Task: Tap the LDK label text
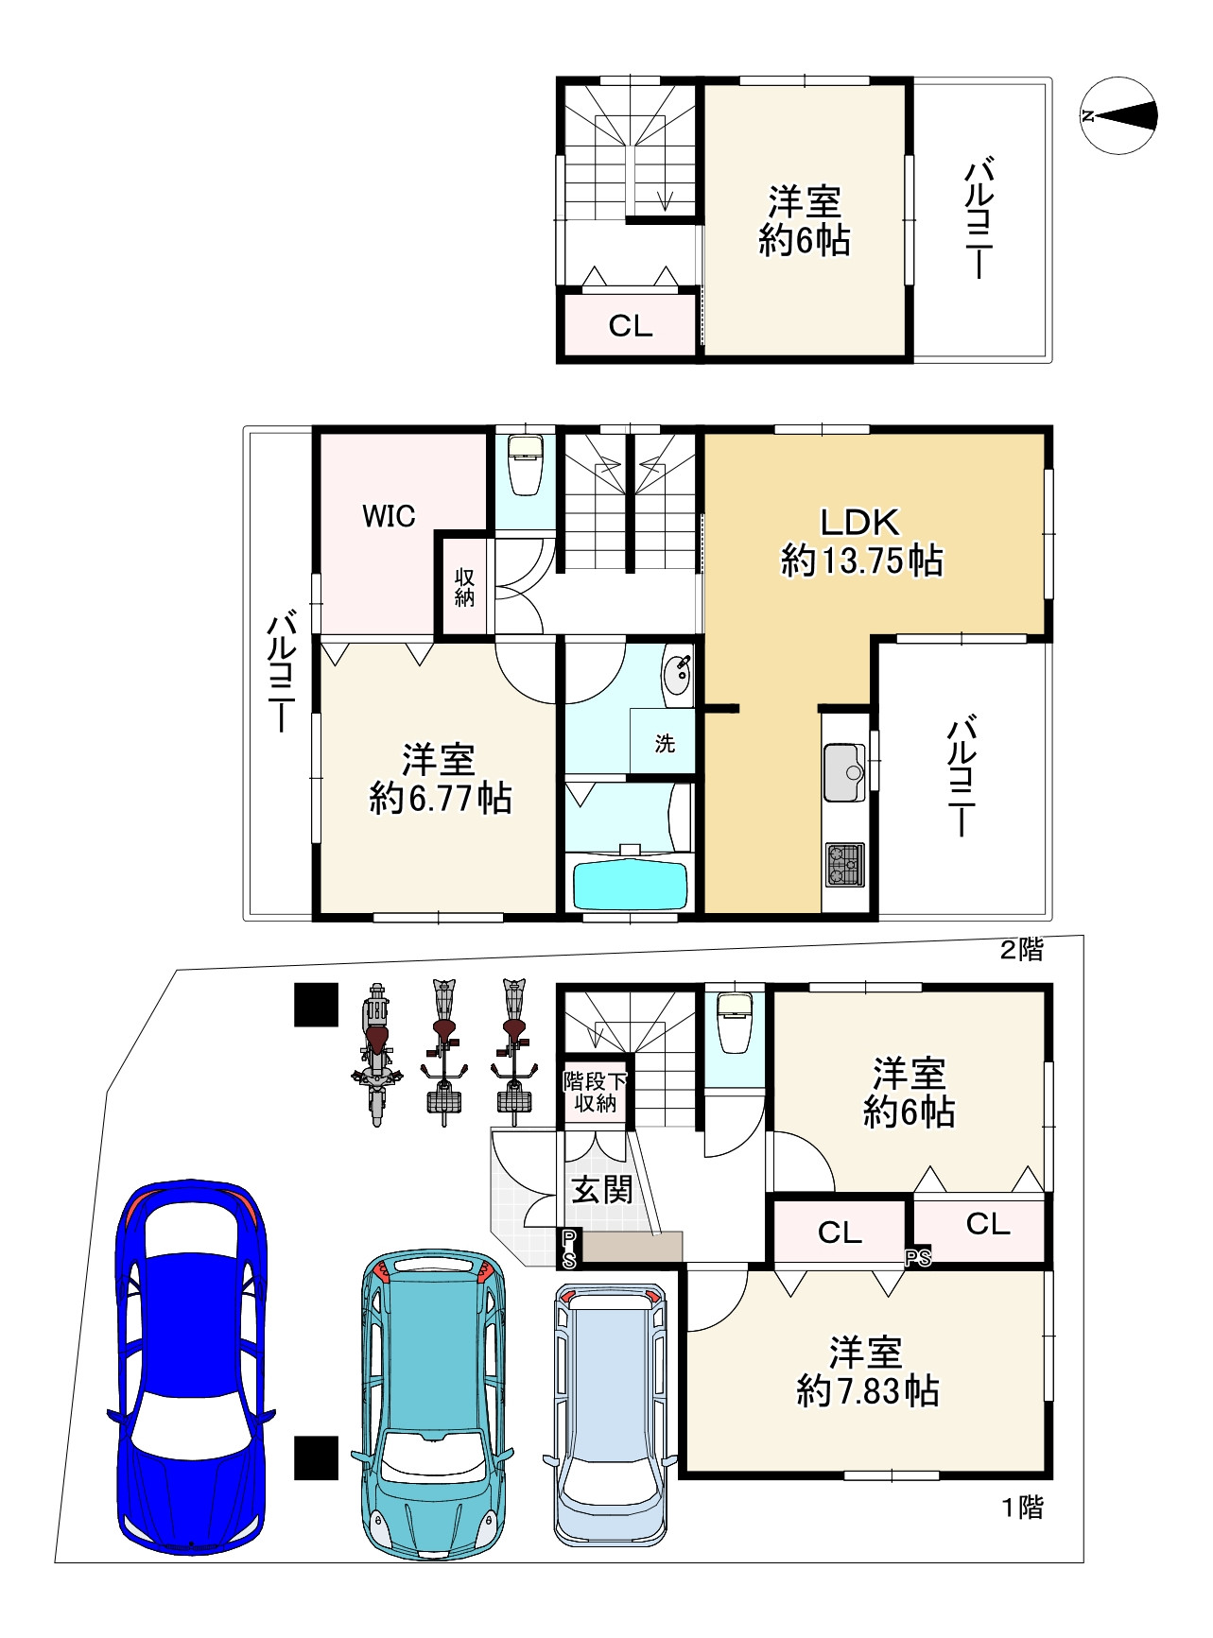click(859, 522)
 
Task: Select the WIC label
click(389, 516)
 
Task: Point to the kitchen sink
click(844, 772)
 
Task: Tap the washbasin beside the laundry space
click(678, 675)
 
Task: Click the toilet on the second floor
click(526, 464)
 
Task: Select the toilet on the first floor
click(735, 1023)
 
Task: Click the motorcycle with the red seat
click(376, 1054)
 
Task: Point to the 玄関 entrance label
click(601, 1189)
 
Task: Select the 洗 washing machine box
click(665, 743)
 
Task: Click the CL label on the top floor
click(631, 326)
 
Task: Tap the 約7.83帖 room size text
click(867, 1391)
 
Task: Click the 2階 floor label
click(1022, 950)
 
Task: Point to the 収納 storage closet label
click(464, 587)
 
